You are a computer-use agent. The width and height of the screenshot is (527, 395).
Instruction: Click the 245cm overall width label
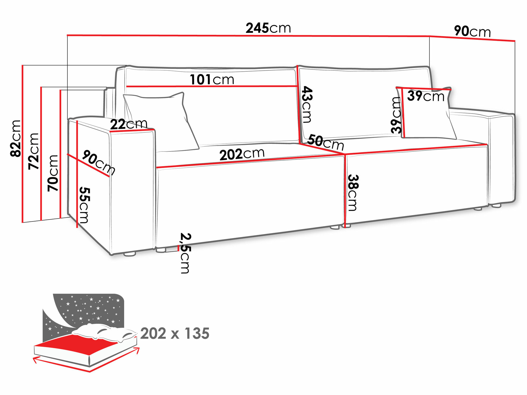tap(268, 28)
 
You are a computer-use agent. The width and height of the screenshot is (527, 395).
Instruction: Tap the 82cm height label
tap(16, 139)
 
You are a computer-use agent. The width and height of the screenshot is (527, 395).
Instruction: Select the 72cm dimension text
tap(34, 151)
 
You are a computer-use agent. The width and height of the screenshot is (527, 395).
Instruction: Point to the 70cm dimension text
tap(53, 173)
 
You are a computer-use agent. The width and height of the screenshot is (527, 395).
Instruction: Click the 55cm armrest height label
tap(84, 205)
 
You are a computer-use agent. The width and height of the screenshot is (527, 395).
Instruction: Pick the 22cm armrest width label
tap(129, 124)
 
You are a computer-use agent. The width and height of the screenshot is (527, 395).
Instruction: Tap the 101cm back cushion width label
tap(212, 80)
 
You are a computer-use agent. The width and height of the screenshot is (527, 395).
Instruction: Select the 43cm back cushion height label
tap(307, 105)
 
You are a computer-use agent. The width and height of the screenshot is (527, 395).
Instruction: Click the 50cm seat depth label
tap(326, 142)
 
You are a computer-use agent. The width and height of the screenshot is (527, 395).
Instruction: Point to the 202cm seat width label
tap(242, 154)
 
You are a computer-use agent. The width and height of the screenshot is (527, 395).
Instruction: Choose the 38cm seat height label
tap(353, 192)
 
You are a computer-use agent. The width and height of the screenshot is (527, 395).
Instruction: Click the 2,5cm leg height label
tap(185, 253)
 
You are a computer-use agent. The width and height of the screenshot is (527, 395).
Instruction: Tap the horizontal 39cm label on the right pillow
tap(426, 96)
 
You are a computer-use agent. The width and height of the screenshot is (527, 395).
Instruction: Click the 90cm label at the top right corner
tap(472, 32)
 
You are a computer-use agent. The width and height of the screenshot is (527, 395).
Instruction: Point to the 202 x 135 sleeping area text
tap(175, 333)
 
